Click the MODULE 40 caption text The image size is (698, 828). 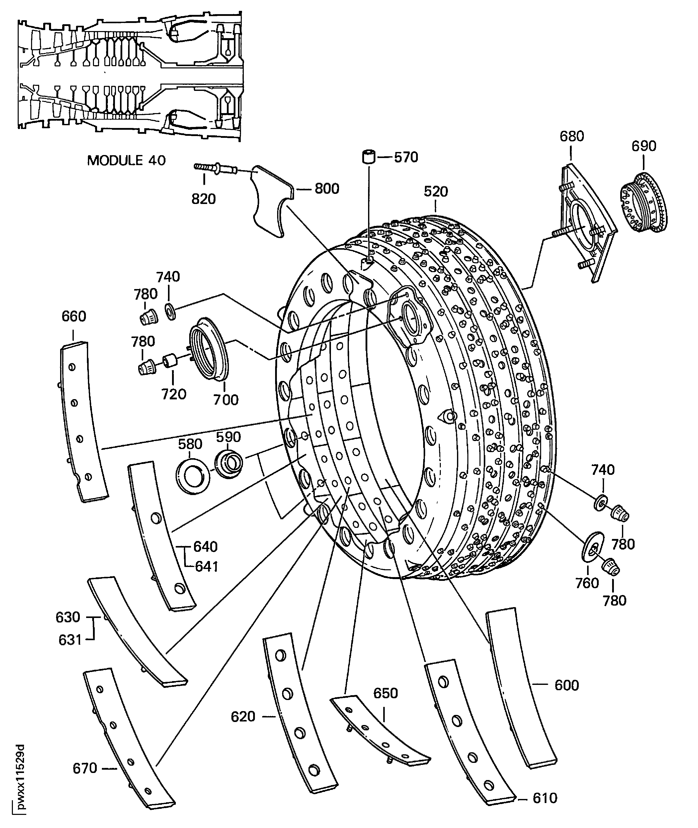tap(126, 161)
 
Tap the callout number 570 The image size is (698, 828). tap(406, 157)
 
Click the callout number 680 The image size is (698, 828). tap(572, 136)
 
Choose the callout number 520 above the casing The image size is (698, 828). tap(436, 192)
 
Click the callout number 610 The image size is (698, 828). tap(545, 798)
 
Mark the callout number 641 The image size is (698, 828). tap(207, 567)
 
